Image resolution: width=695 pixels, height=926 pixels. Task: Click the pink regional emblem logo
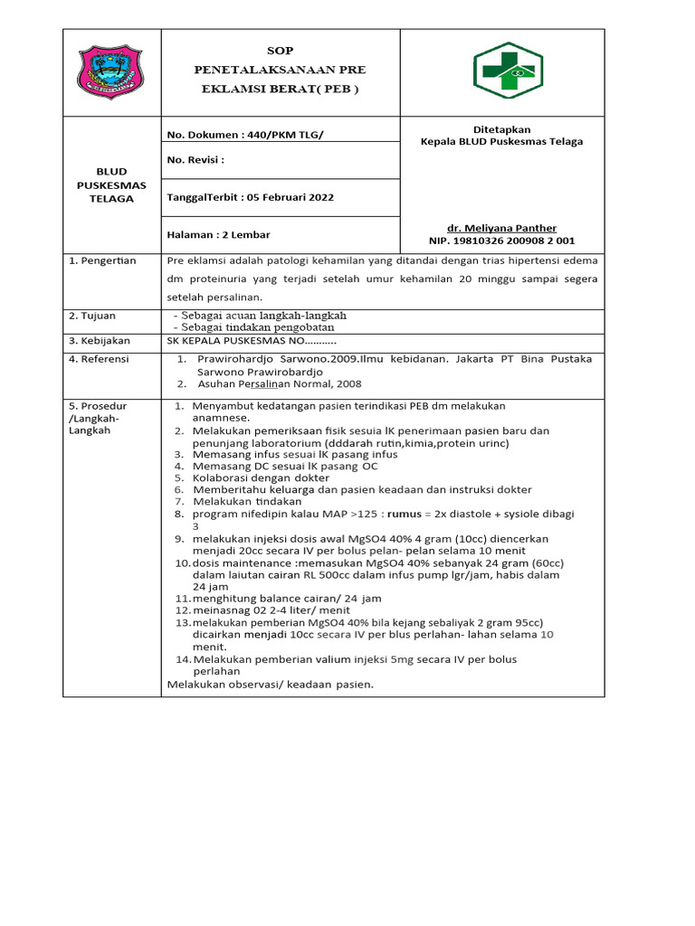click(x=110, y=73)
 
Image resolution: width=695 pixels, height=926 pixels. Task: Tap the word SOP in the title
click(x=281, y=50)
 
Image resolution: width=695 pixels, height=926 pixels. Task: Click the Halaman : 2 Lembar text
click(x=219, y=234)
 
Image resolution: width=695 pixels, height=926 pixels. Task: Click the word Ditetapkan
click(x=501, y=129)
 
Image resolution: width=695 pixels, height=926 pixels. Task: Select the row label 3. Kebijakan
click(x=100, y=341)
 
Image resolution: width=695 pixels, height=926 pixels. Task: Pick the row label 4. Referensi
click(x=100, y=359)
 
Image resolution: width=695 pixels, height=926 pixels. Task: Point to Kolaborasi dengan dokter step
click(x=261, y=477)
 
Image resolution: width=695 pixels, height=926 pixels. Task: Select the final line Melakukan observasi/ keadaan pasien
click(x=271, y=684)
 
